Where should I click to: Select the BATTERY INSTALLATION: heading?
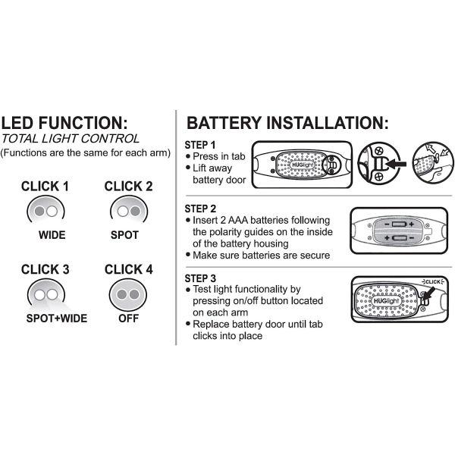click(x=287, y=124)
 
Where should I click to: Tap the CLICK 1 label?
click(x=45, y=186)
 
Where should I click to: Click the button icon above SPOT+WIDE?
click(x=45, y=293)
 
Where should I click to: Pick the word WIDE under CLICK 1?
click(x=52, y=235)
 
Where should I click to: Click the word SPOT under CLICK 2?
click(x=125, y=235)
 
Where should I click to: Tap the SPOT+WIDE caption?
click(x=57, y=318)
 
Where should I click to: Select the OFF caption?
click(x=129, y=318)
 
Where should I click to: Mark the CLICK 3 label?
click(x=45, y=269)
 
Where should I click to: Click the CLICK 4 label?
click(x=128, y=269)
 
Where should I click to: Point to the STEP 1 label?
click(x=201, y=145)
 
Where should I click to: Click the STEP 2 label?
click(x=201, y=207)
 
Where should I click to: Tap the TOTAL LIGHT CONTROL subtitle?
click(x=70, y=139)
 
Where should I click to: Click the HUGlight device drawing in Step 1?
click(x=302, y=165)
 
